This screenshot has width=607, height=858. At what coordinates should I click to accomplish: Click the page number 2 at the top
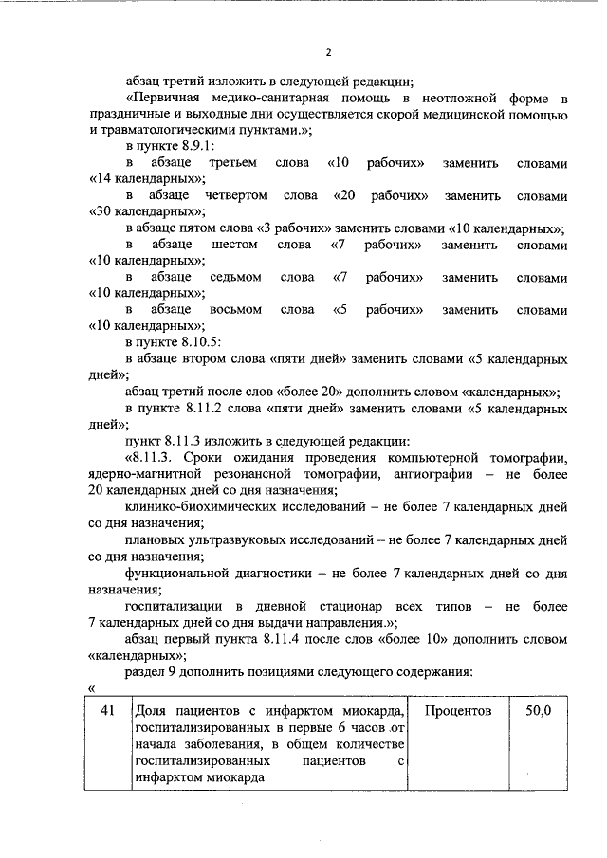pos(327,52)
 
